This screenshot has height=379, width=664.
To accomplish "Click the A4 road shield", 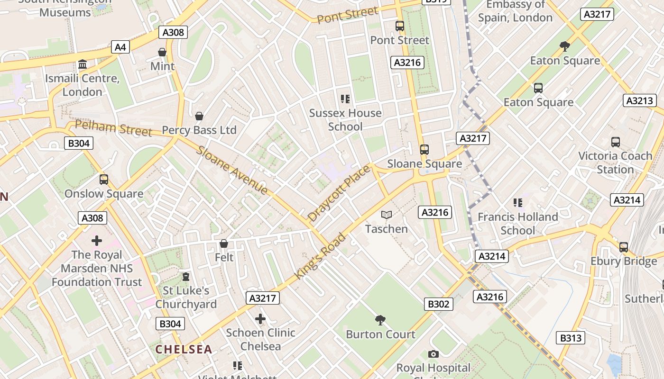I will click(120, 47).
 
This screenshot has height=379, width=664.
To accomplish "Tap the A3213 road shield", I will click(639, 100).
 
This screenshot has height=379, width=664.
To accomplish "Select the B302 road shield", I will click(438, 304).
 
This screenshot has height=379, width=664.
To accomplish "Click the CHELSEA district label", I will click(184, 349).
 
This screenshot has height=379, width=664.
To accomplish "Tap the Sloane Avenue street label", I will click(232, 170).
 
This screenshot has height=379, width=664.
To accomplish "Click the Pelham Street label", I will click(114, 128).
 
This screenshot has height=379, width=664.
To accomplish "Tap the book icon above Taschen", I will click(387, 215).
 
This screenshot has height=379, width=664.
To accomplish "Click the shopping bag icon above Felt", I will click(224, 244).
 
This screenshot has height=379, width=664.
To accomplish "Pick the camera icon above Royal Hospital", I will click(433, 354).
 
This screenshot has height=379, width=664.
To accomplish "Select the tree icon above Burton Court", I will click(380, 320).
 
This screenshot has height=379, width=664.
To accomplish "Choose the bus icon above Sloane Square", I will click(424, 150).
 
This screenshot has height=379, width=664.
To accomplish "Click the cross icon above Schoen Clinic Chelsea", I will click(260, 319).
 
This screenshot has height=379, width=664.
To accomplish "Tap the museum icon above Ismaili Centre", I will click(83, 64).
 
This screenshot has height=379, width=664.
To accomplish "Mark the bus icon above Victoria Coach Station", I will click(615, 142).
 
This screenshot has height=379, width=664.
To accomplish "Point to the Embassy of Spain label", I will click(515, 11).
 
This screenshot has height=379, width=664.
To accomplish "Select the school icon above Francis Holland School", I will click(517, 203).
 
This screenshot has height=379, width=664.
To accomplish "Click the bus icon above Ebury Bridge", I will click(623, 247).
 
